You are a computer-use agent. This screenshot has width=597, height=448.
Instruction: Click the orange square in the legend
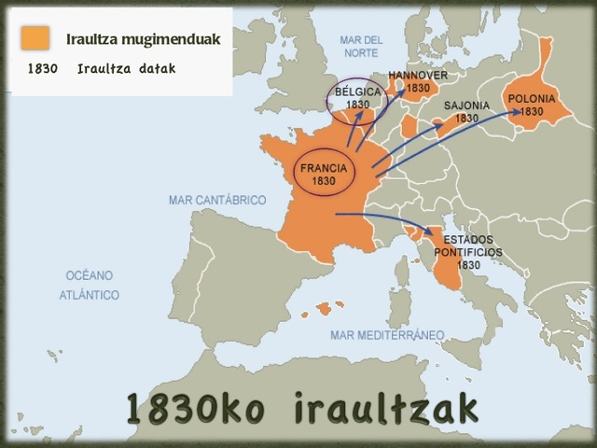click(35, 38)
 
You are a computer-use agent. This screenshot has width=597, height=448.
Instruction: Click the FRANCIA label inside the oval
click(324, 169)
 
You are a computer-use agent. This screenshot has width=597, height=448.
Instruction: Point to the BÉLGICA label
click(357, 92)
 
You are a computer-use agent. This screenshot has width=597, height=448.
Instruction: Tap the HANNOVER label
click(418, 76)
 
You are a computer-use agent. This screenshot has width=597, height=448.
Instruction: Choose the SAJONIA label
click(466, 106)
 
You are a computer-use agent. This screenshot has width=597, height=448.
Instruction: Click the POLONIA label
click(531, 99)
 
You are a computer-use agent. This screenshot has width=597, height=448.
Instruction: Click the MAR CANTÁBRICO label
click(217, 201)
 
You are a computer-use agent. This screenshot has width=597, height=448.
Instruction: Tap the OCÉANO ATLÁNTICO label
click(90, 285)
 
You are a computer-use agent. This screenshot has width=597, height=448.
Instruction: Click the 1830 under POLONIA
click(531, 111)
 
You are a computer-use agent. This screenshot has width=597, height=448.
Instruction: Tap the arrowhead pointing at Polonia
click(517, 111)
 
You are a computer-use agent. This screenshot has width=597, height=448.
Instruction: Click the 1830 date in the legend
click(43, 69)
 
